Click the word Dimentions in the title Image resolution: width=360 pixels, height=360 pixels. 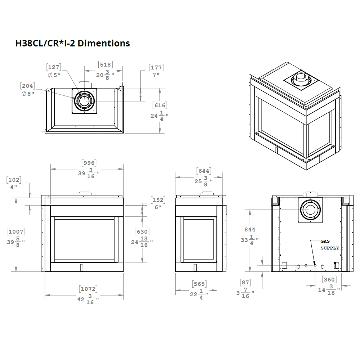[104, 44]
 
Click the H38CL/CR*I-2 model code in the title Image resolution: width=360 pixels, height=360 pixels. [45, 44]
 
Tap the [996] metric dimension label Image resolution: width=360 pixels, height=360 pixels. [89, 163]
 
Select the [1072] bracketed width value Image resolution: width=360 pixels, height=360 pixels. [89, 289]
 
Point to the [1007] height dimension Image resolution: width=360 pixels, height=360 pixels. [16, 232]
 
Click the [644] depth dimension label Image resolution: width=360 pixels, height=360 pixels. [204, 171]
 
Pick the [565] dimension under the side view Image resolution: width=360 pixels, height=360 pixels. [199, 284]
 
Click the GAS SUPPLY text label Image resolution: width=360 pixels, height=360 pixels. [330, 245]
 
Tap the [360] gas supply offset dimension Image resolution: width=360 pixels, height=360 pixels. [329, 279]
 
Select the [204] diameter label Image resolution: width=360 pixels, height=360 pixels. [28, 86]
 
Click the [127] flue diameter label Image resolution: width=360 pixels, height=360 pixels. [53, 67]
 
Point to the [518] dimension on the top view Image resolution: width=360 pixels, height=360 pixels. [105, 64]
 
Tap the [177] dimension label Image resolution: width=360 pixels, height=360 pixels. [156, 67]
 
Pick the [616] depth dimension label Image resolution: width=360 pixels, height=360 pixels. [159, 105]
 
